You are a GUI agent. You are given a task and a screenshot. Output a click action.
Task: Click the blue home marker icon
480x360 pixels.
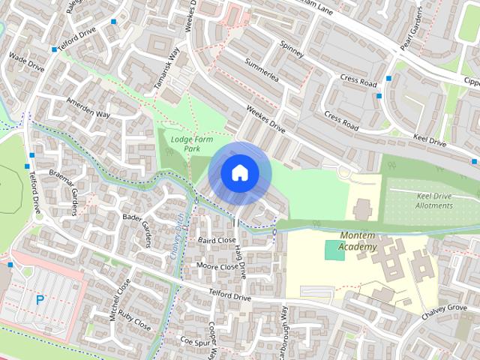tap(239, 173)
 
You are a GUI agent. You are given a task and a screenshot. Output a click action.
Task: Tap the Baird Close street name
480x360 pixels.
tap(217, 240)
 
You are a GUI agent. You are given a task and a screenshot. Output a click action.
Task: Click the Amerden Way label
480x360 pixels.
tap(88, 108)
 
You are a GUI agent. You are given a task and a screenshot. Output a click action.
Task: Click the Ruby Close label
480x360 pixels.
tap(135, 322)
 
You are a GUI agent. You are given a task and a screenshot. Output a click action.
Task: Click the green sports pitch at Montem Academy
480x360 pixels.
tap(335, 250)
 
